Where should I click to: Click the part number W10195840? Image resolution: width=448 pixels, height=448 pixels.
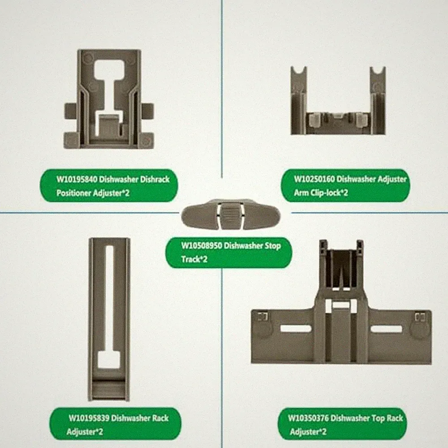76,180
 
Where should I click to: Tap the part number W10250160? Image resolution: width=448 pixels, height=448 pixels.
314,179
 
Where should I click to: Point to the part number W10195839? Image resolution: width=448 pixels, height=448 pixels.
89,418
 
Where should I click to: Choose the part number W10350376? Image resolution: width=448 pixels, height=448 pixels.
308,418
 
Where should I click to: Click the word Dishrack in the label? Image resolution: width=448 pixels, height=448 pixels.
155,180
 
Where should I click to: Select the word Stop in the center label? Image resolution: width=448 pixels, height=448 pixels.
272,246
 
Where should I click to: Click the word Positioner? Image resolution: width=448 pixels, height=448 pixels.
73,193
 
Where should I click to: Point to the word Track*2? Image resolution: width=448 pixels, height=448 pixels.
194,259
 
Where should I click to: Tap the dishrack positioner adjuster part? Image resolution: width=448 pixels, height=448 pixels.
109,99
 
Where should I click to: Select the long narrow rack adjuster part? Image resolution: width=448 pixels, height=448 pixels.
109,319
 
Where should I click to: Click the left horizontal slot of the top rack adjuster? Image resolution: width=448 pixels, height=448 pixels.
296,328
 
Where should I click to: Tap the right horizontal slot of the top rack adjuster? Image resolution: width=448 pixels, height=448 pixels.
386,329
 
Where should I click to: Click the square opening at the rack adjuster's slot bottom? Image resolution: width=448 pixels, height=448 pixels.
109,359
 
